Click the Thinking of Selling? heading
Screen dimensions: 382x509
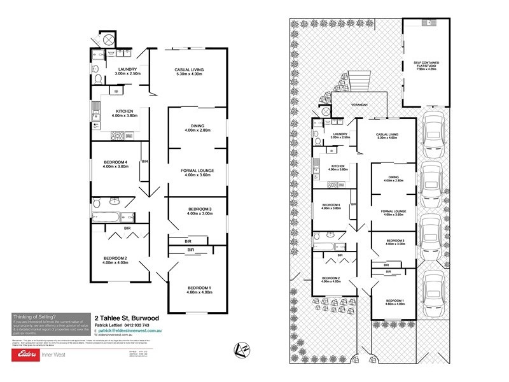coord(34,316)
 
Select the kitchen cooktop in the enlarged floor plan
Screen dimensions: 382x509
coord(119,135)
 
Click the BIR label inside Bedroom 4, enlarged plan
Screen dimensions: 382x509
coord(146,161)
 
